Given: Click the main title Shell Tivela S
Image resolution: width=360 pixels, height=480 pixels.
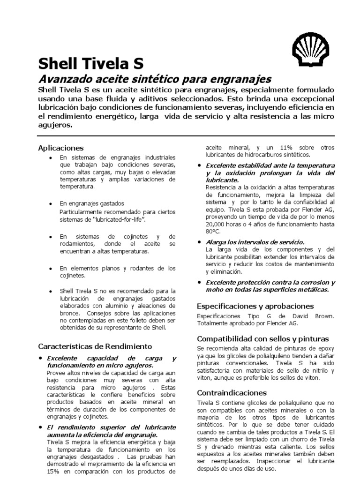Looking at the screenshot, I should pos(90,64).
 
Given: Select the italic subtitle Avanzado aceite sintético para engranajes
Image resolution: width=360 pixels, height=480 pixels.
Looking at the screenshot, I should pos(154,78).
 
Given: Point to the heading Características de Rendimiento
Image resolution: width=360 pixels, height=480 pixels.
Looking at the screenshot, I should pos(95,346).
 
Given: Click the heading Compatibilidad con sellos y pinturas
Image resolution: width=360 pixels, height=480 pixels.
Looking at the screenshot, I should pos(262,338).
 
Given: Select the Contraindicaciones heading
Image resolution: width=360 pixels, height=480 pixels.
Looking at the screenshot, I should pos(232,392).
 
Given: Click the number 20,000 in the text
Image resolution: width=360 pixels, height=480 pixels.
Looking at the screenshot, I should pos(217,224).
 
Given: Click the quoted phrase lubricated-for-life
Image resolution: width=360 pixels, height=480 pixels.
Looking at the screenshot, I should pos(113,219).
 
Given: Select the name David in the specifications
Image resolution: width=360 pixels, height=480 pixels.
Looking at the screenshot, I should pos(299,316).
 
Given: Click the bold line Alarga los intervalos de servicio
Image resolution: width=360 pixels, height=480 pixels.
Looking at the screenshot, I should pos(255,242).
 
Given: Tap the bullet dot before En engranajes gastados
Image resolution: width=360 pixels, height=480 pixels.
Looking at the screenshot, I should pos(51,204).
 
